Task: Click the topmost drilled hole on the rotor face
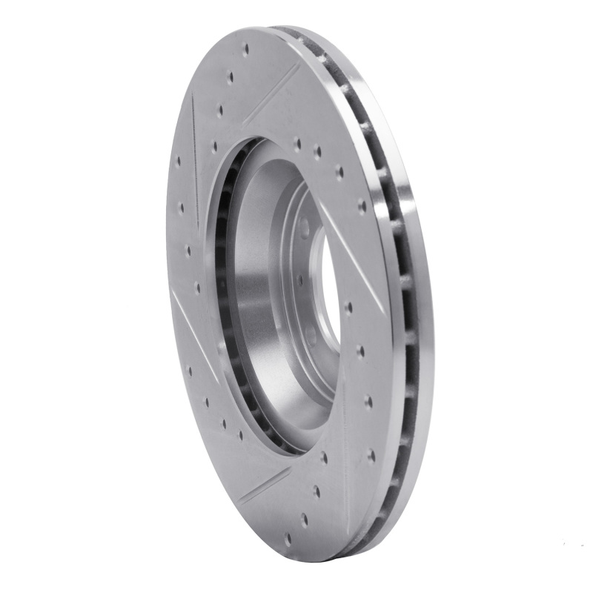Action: point(245,51)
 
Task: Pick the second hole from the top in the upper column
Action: point(231,76)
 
